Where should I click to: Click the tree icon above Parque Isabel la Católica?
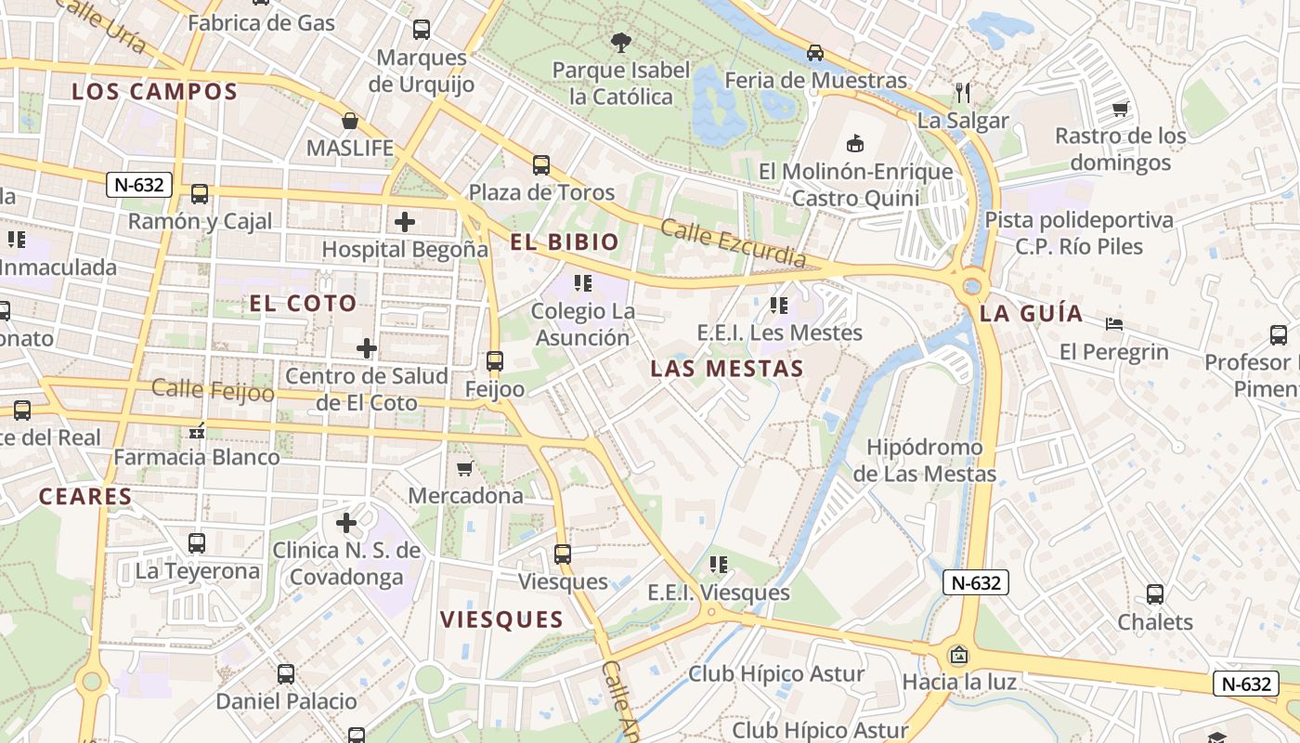pos(620,42)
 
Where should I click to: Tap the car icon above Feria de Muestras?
pos(815,53)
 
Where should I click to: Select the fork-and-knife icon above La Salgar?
pos(963,92)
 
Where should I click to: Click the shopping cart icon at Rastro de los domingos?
pos(1121,109)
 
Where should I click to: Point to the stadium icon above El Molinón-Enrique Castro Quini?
pos(855,143)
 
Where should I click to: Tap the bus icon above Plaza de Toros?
pos(541,165)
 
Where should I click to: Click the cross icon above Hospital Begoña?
pos(405,222)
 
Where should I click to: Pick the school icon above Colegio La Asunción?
pos(583,283)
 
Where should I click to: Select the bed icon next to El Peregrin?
pos(1114,324)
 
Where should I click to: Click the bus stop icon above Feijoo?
pos(495,360)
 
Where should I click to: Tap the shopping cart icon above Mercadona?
pos(465,468)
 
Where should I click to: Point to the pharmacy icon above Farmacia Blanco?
pos(197,430)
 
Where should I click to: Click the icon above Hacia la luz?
pos(958,656)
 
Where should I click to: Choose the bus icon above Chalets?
pos(1155,594)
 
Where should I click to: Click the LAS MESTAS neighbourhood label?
pos(726,369)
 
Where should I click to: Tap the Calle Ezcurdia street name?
pos(734,244)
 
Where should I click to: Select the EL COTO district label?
pos(303,304)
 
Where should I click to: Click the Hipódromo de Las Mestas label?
pos(924,461)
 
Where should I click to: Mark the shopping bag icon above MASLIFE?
pos(350,121)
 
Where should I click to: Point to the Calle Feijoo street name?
pos(213,390)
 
